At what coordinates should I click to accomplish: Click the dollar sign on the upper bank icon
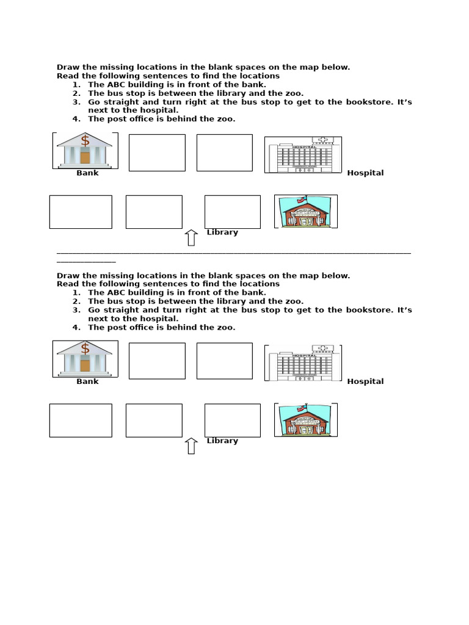tap(85, 141)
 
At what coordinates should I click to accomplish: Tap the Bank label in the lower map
tap(87, 381)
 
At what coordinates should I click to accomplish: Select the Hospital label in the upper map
tap(365, 173)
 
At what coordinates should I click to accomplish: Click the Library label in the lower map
tap(222, 441)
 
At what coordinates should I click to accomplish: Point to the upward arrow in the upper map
tap(191, 237)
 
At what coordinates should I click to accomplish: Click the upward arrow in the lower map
tap(191, 446)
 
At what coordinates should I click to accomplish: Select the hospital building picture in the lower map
tap(303, 363)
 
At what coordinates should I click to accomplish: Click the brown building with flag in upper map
tap(305, 212)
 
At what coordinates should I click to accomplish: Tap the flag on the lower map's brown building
tap(300, 408)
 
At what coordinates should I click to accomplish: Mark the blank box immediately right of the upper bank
tap(157, 153)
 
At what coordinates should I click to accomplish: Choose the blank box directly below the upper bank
tap(81, 212)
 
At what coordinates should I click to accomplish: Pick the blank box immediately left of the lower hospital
tap(224, 361)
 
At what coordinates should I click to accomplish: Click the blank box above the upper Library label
tap(232, 212)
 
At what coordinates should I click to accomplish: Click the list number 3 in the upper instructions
tap(76, 102)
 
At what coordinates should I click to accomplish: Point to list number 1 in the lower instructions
tap(76, 292)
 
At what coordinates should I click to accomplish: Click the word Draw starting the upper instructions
tap(68, 67)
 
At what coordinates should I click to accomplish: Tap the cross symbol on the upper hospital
tap(323, 140)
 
